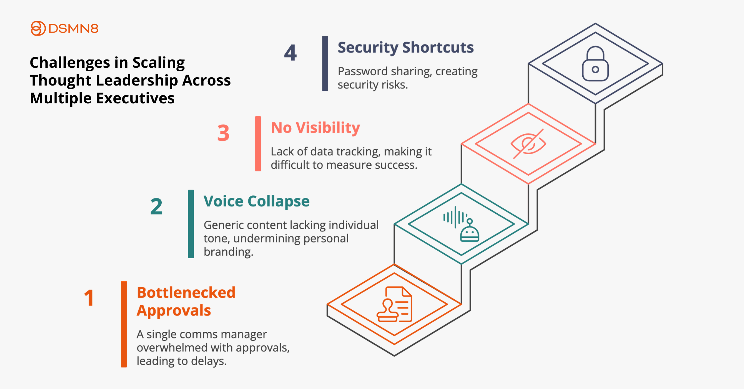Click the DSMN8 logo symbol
(x=38, y=28)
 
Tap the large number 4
(x=290, y=53)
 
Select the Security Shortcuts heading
(x=406, y=48)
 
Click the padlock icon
(x=595, y=64)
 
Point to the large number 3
(x=223, y=133)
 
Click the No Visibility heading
(x=315, y=128)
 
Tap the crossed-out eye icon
(x=528, y=144)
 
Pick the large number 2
(x=156, y=207)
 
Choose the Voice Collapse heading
(x=257, y=201)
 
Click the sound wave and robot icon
(x=461, y=224)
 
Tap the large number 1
(x=89, y=298)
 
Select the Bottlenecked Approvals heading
(x=186, y=301)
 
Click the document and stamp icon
(x=394, y=304)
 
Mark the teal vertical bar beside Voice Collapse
(x=191, y=224)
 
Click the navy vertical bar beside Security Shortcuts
(x=325, y=63)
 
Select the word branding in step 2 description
(x=228, y=252)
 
